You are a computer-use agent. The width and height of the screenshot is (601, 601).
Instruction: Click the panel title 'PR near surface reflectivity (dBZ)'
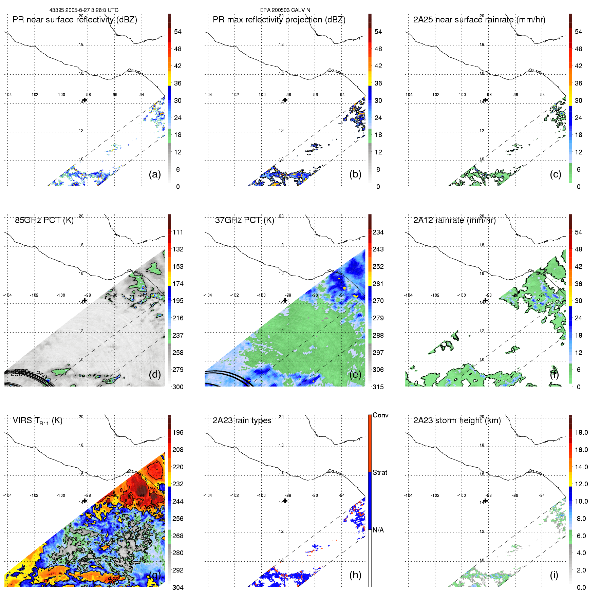tap(75, 20)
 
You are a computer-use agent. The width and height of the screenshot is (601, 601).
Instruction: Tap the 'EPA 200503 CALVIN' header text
tap(285, 10)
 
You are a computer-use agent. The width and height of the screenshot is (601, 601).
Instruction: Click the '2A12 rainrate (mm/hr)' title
tap(454, 220)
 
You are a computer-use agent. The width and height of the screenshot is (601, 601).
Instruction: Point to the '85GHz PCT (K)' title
tap(44, 220)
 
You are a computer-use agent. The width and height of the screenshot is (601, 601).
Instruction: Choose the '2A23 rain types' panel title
tap(242, 420)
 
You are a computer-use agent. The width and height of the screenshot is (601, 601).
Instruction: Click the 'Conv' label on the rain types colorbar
tap(380, 415)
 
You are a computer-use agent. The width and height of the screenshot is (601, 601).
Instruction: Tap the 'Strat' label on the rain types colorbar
tap(380, 472)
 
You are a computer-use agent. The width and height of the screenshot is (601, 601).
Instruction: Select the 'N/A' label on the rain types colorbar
tap(378, 530)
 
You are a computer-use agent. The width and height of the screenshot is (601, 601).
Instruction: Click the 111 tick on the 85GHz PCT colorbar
tap(178, 232)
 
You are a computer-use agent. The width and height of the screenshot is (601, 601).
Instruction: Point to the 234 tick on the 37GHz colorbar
tap(378, 232)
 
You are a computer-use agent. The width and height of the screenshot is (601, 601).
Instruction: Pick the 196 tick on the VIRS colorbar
tap(178, 432)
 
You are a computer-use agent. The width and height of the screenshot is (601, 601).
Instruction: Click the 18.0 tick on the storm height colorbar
tap(581, 432)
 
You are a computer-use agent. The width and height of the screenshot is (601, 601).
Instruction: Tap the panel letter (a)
tap(155, 174)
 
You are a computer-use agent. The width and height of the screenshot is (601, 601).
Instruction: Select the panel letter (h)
tap(355, 575)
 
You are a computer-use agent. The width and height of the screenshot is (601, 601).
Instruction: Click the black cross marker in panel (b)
tap(285, 100)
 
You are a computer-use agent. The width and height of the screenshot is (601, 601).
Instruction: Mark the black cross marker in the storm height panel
tap(485, 501)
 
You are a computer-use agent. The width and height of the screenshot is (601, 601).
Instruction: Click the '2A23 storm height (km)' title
tap(457, 420)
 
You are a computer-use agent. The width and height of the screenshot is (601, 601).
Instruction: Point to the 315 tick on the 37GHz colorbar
tap(378, 387)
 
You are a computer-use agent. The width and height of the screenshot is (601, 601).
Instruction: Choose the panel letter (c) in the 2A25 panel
tap(556, 174)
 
